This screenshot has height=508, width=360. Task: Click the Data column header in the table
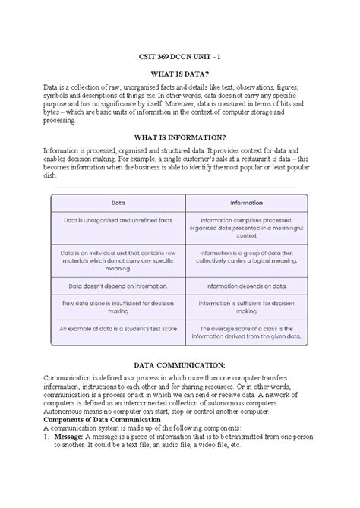tap(118, 204)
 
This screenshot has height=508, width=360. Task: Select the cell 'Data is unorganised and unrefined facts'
tap(118, 220)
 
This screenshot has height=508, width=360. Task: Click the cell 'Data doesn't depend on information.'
tap(118, 286)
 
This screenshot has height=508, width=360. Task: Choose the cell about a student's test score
tap(118, 330)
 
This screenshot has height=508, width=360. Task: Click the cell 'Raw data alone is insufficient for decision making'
tap(118, 308)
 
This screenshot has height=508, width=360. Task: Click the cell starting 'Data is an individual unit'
tap(118, 261)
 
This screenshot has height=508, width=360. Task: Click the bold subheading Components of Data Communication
tap(102, 419)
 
